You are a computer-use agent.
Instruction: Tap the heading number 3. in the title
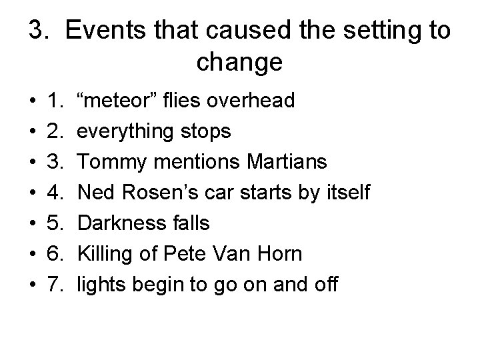39,31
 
